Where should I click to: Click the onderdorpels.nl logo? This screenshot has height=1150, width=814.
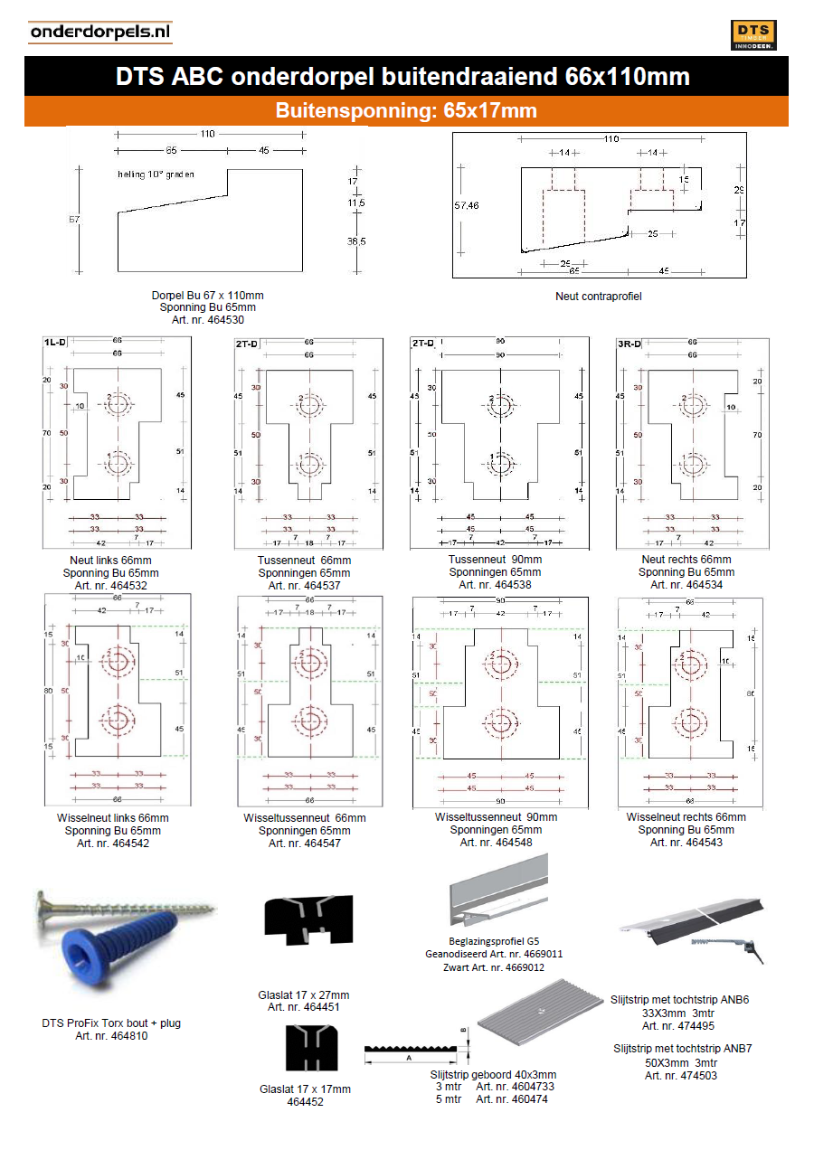point(99,33)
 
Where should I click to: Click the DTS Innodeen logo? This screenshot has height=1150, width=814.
point(753,34)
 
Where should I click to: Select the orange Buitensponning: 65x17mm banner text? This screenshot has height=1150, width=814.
point(406,111)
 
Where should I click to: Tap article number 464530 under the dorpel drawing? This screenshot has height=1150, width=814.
point(207,320)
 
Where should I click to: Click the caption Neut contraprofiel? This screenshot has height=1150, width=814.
point(599,296)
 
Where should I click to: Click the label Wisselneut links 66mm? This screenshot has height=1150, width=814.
point(112,818)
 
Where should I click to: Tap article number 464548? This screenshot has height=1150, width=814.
point(496,843)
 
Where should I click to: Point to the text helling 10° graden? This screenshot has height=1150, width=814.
point(156,174)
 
